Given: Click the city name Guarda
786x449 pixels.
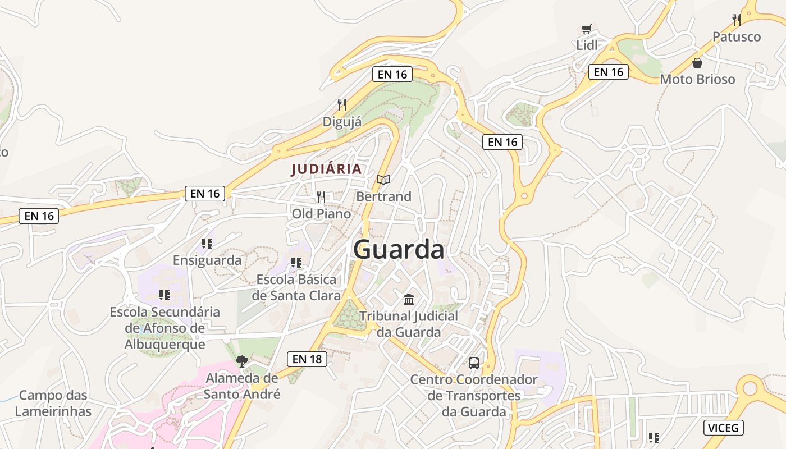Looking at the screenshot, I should click(399, 250).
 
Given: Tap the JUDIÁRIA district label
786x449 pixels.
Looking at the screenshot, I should click(326, 169).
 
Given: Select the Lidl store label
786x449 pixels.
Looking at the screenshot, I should click(587, 45).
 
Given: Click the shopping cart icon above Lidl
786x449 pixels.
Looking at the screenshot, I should click(587, 29).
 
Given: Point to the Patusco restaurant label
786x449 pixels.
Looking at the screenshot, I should click(737, 37).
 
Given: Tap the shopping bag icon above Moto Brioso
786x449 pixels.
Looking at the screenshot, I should click(697, 62).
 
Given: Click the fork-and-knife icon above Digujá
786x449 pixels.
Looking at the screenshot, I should click(341, 104).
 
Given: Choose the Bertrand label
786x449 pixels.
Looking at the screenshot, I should click(383, 196).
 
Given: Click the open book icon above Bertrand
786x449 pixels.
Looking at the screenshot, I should click(383, 180).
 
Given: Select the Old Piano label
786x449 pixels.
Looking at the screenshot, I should click(321, 214).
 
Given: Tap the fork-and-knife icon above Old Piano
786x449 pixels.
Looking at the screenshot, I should click(321, 196).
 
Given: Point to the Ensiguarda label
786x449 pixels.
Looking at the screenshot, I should click(207, 260).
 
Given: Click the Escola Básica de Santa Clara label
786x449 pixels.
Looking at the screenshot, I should click(296, 287).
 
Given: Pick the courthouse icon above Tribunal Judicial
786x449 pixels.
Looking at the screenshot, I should click(409, 299).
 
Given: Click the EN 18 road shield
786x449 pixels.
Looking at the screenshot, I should click(307, 359).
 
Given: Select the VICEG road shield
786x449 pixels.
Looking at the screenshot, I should click(724, 428).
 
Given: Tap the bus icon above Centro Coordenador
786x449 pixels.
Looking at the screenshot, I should click(474, 363).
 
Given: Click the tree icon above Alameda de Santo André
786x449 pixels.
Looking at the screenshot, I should click(242, 361).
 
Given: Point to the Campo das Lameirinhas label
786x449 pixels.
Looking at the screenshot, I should click(53, 404).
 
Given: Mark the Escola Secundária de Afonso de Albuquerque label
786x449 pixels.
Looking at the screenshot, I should click(164, 328).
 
